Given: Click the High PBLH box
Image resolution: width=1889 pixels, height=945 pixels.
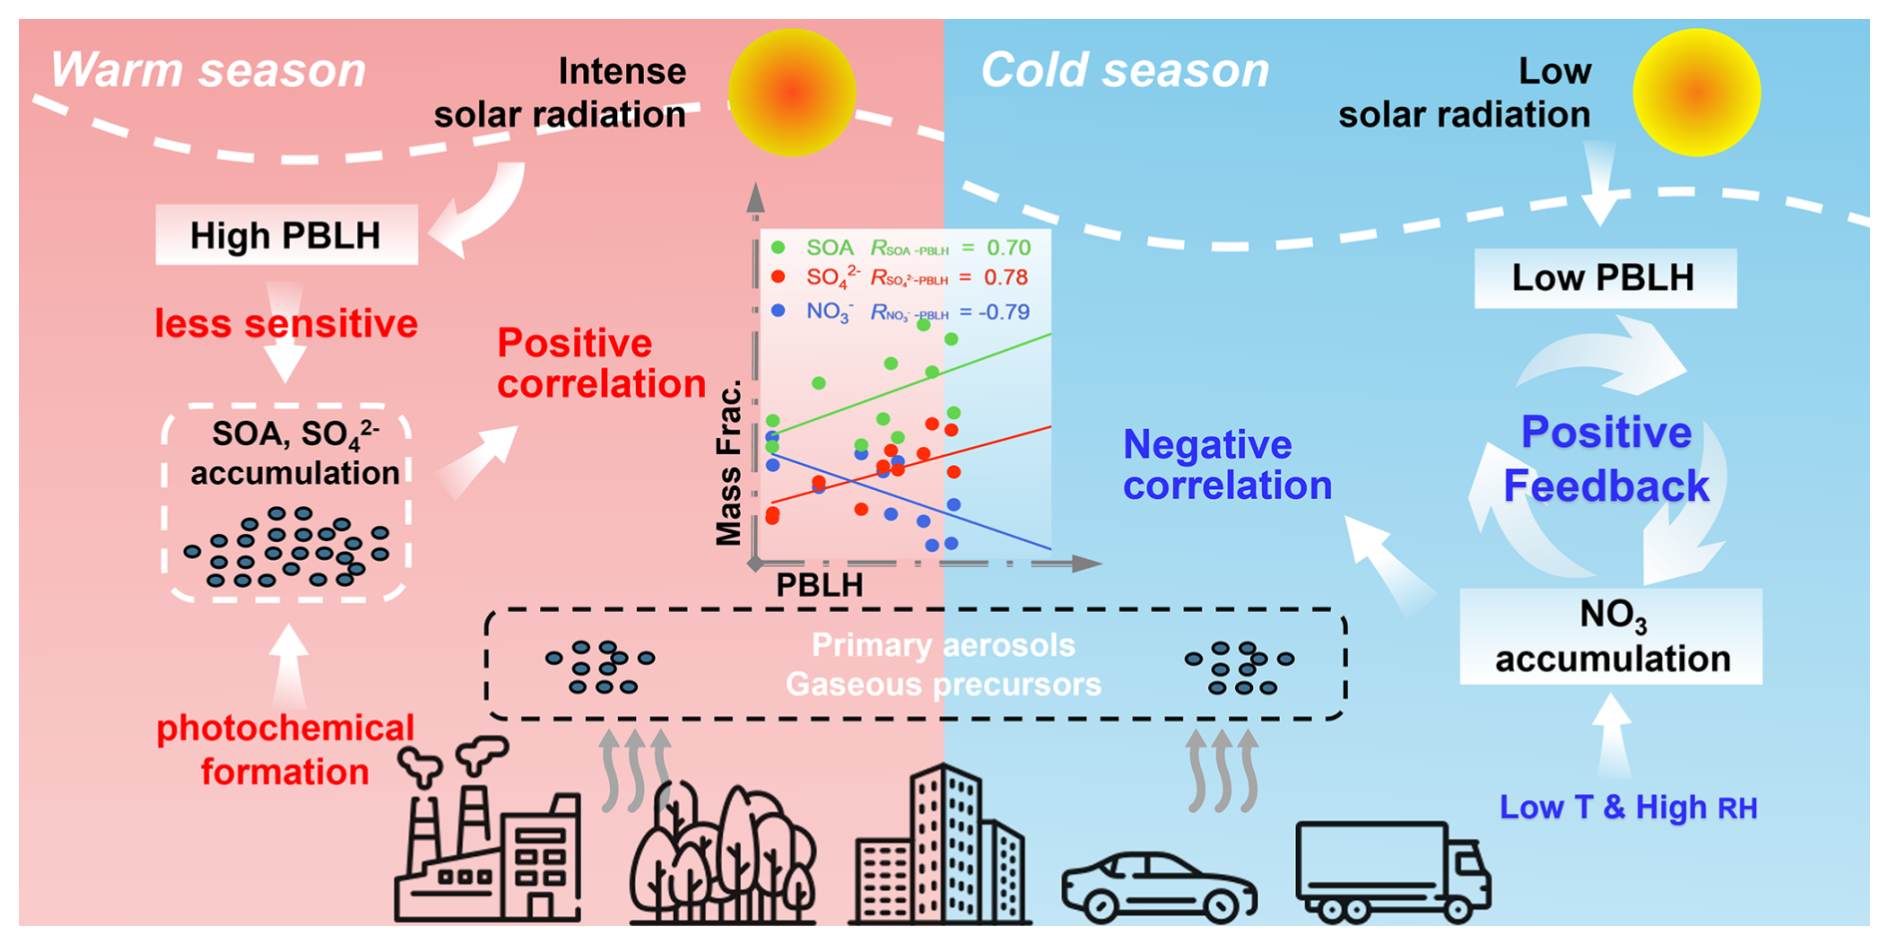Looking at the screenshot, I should pos(286,236).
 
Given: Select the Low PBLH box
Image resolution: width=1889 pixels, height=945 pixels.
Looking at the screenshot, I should pos(1604,277).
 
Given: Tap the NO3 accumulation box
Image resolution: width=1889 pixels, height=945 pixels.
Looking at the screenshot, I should pos(1610,637).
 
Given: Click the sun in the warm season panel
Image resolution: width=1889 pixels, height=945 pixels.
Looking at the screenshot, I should pos(792,93).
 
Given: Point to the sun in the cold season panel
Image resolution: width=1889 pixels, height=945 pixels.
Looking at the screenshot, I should pos(1696,93).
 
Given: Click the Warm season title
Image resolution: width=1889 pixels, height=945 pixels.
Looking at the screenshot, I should pos(209,71).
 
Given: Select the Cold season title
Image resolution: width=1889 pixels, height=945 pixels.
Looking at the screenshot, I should pos(1125,71).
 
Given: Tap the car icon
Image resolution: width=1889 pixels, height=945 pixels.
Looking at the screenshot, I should pos(1158,886).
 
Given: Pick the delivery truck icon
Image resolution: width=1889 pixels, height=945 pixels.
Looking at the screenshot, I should pos(1392,871).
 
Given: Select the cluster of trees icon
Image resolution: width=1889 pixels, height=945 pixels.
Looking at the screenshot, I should pos(722,853).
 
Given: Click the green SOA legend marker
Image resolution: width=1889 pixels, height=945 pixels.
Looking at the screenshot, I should pos(779,246).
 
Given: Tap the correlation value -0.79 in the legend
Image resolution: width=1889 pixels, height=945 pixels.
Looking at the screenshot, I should pos(1004,312).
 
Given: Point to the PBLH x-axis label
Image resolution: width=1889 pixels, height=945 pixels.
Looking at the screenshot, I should pos(820,585).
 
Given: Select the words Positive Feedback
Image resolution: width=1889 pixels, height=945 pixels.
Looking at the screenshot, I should pos(1606,459).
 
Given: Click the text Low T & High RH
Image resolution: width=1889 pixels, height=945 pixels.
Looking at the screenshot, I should pos(1627,807).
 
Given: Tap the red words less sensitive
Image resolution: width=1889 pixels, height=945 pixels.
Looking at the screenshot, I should pos(286,323).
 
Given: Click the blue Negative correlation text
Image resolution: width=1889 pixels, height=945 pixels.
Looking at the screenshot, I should pos(1227,465).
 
